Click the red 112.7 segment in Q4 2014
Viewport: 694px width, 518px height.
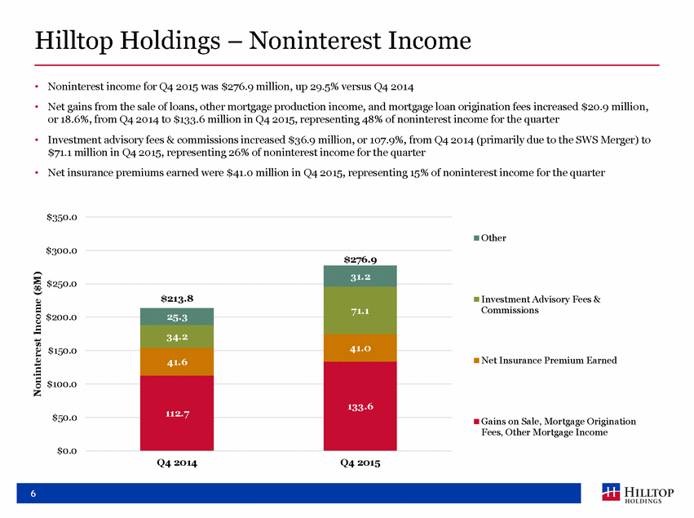[177, 413]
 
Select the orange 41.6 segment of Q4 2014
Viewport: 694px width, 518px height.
[177, 361]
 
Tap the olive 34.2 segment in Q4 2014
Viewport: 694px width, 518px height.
[177, 336]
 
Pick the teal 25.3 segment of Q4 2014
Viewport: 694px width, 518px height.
[177, 317]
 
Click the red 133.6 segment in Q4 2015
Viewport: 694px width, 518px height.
[360, 406]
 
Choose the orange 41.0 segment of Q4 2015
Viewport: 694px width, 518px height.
[360, 348]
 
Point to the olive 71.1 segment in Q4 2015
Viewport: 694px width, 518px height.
[360, 311]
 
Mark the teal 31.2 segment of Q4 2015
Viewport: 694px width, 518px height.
[360, 277]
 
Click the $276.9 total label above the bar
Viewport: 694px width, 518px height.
[360, 259]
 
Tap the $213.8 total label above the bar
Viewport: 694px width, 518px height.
[177, 299]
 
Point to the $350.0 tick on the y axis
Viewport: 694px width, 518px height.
[62, 217]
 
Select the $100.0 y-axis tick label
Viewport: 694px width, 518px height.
[62, 384]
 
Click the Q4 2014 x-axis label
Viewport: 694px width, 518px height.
[177, 463]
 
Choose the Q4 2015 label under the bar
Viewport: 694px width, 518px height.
[360, 463]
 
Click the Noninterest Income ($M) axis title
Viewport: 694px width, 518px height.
[38, 334]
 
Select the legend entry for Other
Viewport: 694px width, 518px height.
[490, 237]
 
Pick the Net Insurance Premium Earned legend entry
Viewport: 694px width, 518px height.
[546, 361]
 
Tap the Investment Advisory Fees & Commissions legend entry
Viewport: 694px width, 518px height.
[537, 304]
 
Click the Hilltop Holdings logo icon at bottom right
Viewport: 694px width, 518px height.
[612, 492]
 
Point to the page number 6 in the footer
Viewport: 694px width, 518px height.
[33, 494]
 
